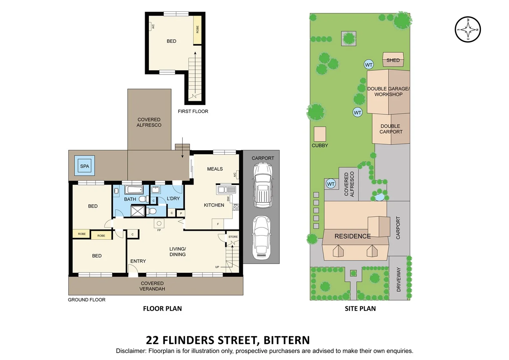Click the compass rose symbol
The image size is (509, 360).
[x=468, y=29]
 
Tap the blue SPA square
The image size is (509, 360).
[x=85, y=166]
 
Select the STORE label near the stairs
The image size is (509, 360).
[x=233, y=237]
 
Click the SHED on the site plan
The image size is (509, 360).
[x=393, y=60]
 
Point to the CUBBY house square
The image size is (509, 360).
[x=320, y=134]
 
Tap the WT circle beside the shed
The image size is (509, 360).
[x=368, y=65]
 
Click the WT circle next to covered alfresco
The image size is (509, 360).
[x=330, y=184]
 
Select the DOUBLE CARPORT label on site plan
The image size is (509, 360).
[x=391, y=129]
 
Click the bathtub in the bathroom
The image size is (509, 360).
[x=134, y=190]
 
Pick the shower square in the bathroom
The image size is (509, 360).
[x=137, y=211]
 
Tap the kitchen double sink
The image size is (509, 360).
[x=227, y=190]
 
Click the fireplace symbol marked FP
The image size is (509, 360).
[x=159, y=224]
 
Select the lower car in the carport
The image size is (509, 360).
[x=261, y=237]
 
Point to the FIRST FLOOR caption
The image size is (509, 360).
[x=193, y=111]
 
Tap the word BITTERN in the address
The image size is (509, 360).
[x=286, y=340]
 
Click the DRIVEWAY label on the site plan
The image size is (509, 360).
[x=398, y=279]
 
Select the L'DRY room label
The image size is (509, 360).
[x=173, y=198]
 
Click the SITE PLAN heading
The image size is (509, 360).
[x=360, y=309]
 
